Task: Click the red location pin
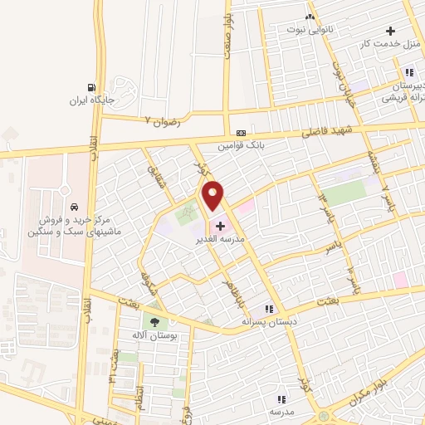pyautogui.click(x=212, y=197)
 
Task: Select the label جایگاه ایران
pyautogui.click(x=90, y=102)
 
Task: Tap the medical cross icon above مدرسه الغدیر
pyautogui.click(x=220, y=225)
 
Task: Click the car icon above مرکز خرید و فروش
pyautogui.click(x=75, y=207)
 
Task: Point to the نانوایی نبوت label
pyautogui.click(x=309, y=29)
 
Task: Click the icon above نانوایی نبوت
pyautogui.click(x=310, y=16)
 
